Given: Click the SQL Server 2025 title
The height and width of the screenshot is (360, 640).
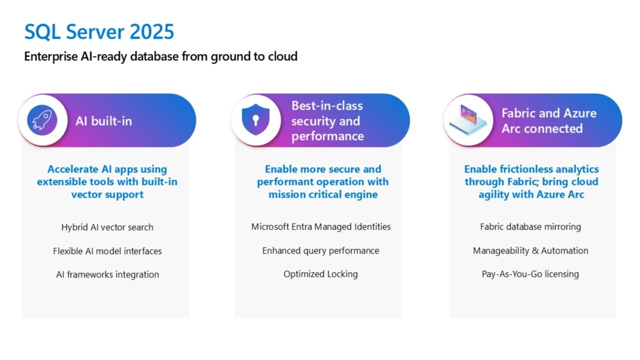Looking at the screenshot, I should [99, 32].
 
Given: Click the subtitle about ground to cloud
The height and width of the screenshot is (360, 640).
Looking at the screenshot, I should [160, 56].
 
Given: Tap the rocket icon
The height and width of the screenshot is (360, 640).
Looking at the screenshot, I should [42, 120].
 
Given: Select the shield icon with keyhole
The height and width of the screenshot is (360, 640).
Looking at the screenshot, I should [255, 120].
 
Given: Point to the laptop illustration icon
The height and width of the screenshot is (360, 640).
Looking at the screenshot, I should [466, 120].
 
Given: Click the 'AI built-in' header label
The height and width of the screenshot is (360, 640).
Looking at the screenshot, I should [104, 121].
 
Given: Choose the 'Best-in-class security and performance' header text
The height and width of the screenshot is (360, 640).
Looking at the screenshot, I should [327, 121].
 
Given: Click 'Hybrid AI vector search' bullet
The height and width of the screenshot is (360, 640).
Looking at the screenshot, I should [107, 227].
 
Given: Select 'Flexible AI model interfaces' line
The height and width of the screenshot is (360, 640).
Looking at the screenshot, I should [107, 251].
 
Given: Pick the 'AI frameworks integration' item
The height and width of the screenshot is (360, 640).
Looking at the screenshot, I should [107, 274].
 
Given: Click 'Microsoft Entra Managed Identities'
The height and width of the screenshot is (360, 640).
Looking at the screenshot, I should [321, 227].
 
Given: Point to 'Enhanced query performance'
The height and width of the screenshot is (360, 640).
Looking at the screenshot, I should [320, 250].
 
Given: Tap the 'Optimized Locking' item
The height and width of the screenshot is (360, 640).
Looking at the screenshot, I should [320, 274].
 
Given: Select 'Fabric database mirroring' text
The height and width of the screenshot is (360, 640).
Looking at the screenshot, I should [530, 227].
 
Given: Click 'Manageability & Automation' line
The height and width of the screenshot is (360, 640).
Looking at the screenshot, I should [530, 250].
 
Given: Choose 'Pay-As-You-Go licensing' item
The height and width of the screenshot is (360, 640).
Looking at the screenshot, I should [530, 274].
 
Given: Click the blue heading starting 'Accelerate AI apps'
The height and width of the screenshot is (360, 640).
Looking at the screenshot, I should [107, 182].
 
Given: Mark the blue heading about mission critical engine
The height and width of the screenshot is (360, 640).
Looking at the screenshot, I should [322, 182].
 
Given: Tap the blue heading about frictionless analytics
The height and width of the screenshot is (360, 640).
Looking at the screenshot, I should [531, 182].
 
